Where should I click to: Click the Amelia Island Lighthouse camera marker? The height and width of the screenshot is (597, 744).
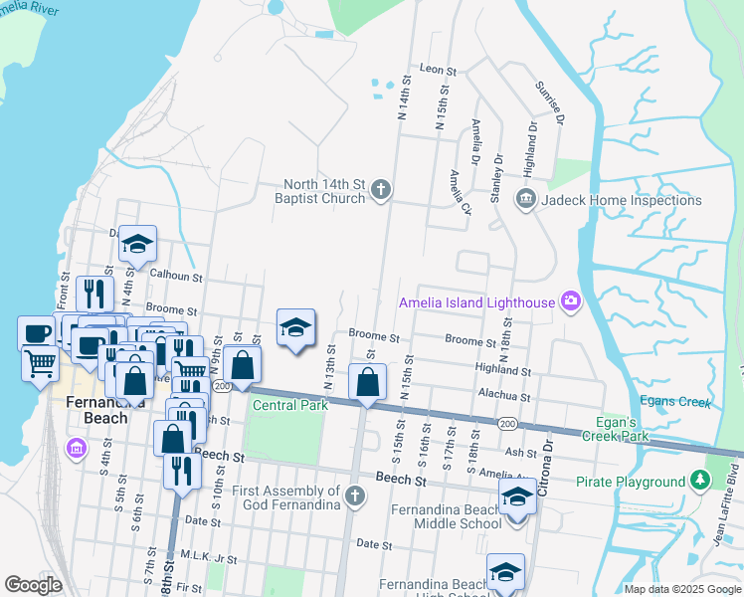570,301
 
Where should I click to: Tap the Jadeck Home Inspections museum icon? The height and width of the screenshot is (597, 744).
524,200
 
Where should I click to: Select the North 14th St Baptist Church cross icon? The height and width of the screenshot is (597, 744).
382,191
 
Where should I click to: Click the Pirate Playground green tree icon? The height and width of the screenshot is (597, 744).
701,482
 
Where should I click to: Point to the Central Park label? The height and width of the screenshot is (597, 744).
290,405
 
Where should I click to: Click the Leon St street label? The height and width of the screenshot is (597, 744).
438,71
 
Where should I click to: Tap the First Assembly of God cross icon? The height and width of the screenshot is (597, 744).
355,496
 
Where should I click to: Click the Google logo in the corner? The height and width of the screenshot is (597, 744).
33,585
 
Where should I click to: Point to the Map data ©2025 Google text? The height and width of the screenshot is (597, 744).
681,589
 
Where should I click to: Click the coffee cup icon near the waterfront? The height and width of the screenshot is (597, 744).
37,331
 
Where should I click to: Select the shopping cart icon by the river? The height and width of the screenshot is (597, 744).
41,363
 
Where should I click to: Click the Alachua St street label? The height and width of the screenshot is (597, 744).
502,395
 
